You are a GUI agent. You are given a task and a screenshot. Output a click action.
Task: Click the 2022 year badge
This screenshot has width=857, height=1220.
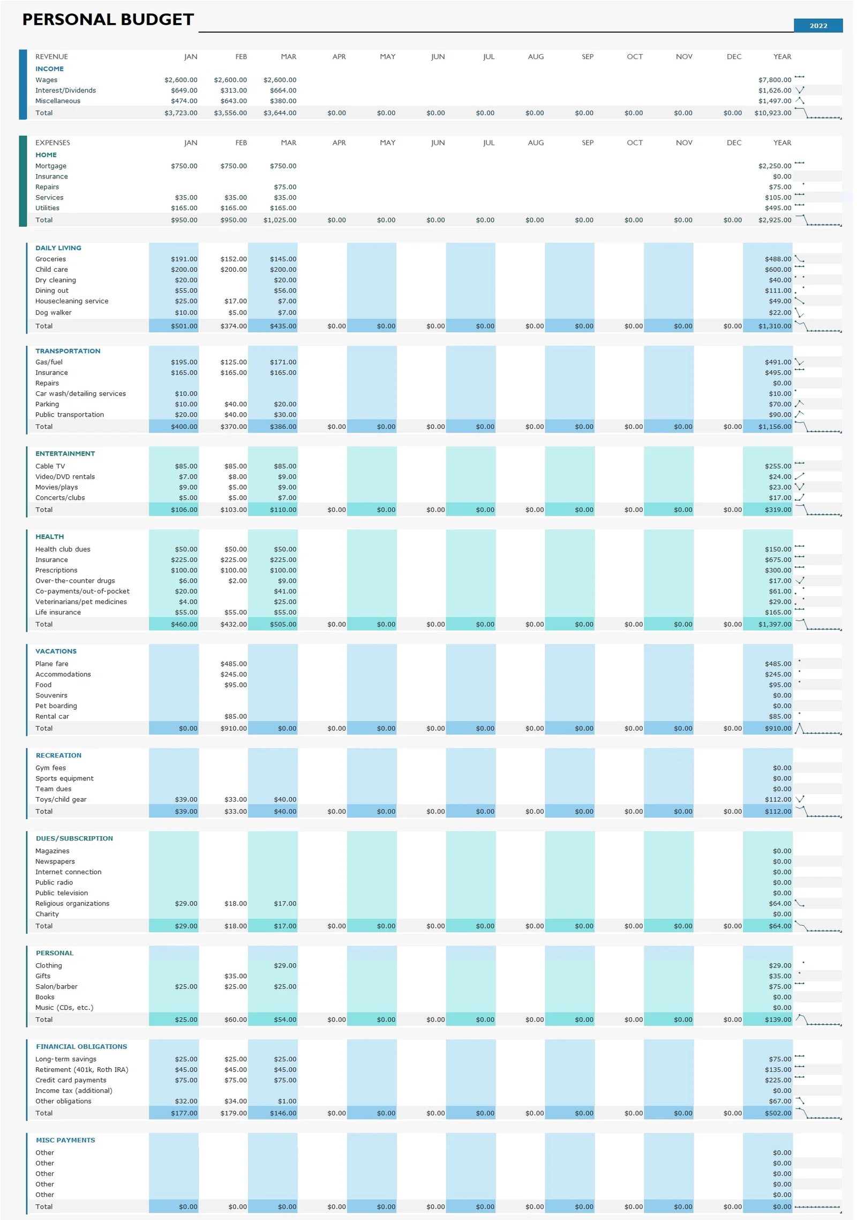click(x=817, y=26)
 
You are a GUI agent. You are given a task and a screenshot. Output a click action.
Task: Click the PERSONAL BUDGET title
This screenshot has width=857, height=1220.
click(x=108, y=20)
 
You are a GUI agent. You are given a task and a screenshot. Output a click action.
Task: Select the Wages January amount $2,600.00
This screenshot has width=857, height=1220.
click(x=181, y=80)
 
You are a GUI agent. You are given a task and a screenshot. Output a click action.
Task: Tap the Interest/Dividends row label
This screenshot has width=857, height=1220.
click(x=65, y=91)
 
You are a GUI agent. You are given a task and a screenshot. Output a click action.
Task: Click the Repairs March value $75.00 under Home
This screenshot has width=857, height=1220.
click(x=285, y=187)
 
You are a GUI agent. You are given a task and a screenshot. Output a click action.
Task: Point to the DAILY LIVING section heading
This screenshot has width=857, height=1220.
click(x=58, y=248)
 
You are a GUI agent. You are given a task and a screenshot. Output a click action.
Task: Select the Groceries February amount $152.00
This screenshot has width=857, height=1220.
click(x=234, y=259)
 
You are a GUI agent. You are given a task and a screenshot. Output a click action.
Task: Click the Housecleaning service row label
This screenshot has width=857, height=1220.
click(x=72, y=301)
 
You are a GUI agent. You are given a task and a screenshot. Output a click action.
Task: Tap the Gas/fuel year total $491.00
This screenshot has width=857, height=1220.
click(x=778, y=362)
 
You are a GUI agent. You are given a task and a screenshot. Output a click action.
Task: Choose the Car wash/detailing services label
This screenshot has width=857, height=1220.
click(x=80, y=394)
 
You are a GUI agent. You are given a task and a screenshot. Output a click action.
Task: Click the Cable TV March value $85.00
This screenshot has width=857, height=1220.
click(x=285, y=466)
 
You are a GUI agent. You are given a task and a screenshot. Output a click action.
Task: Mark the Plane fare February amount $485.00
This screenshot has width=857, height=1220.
click(x=234, y=664)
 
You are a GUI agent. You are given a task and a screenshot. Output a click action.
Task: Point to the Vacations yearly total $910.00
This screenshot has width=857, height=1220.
click(x=778, y=728)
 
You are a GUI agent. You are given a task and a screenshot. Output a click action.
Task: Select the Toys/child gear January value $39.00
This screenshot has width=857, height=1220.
click(x=186, y=800)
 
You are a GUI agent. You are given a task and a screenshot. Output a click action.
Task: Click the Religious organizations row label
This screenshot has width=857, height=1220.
click(x=72, y=904)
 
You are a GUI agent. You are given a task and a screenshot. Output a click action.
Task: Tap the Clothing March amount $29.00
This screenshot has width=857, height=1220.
click(x=285, y=966)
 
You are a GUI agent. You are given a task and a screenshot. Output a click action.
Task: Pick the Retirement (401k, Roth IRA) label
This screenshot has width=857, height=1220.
click(x=81, y=1070)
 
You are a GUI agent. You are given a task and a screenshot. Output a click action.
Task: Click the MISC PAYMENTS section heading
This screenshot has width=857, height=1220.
click(x=65, y=1140)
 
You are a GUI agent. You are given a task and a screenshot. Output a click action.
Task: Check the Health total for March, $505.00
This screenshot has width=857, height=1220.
click(x=285, y=624)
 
